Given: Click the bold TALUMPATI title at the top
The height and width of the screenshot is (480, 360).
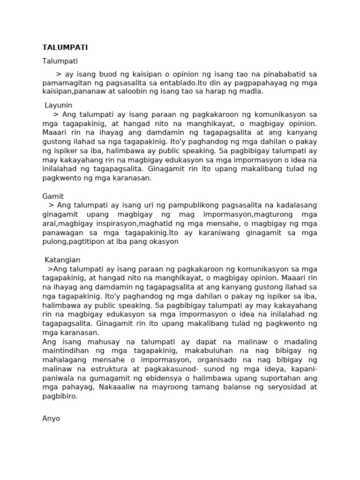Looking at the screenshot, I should coord(65,48).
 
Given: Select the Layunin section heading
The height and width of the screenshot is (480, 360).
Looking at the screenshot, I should coord(59,105).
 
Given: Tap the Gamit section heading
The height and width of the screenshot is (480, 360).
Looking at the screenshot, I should coord(53,196).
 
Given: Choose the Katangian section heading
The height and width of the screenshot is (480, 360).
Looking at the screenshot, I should coord(62,260).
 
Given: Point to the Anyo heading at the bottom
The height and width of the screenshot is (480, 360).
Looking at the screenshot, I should coord(51,418).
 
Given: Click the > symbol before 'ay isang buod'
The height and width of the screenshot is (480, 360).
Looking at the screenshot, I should coord(59,74).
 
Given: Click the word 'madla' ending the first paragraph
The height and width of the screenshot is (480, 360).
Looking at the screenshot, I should coord(252,91).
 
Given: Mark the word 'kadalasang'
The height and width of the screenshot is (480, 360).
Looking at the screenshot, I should coord(296,205).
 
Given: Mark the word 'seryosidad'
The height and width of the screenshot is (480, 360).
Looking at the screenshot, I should coord(285,387).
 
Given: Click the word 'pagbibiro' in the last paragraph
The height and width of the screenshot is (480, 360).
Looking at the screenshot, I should coord(60,396).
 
